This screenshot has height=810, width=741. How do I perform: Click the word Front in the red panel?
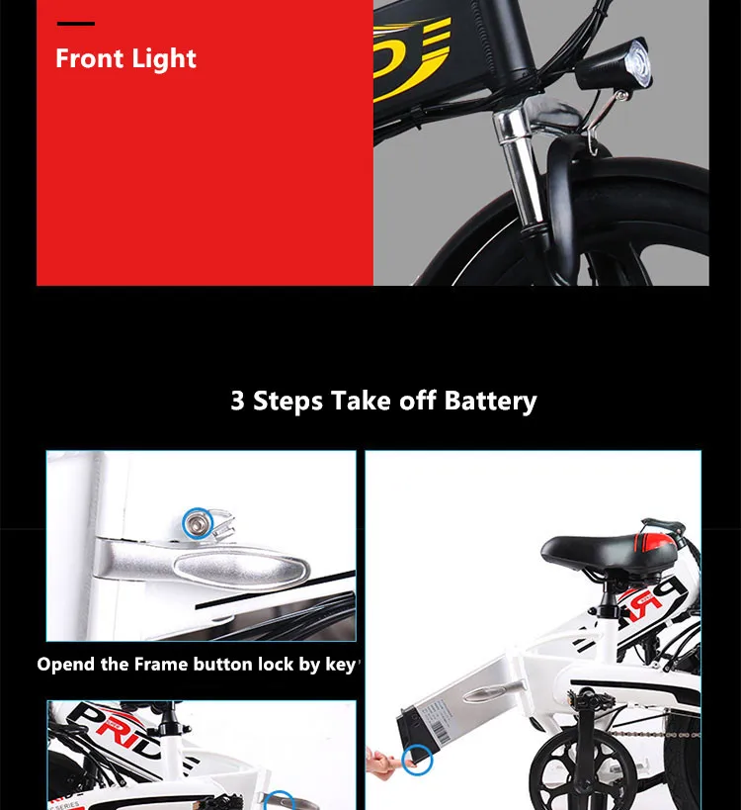(87, 58)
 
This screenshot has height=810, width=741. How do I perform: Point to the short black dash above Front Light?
(76, 23)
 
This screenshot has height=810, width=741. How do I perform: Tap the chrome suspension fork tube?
(524, 168)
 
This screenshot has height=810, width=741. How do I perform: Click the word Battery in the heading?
(490, 401)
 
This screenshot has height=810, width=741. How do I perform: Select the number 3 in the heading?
(238, 401)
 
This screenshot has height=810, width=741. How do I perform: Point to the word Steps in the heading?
(288, 401)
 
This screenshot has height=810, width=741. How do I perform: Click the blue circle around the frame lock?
(198, 521)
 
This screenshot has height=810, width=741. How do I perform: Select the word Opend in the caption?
(67, 664)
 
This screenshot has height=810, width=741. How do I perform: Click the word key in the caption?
(341, 665)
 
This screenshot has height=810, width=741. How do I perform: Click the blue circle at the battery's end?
(419, 761)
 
